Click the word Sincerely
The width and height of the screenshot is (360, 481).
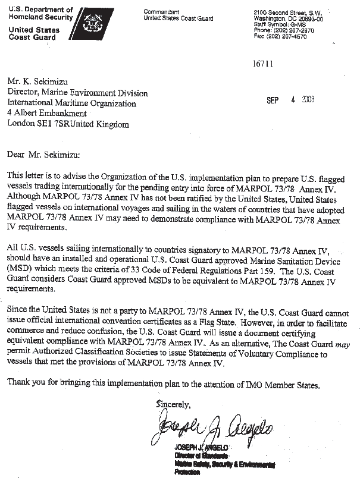click(173, 404)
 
